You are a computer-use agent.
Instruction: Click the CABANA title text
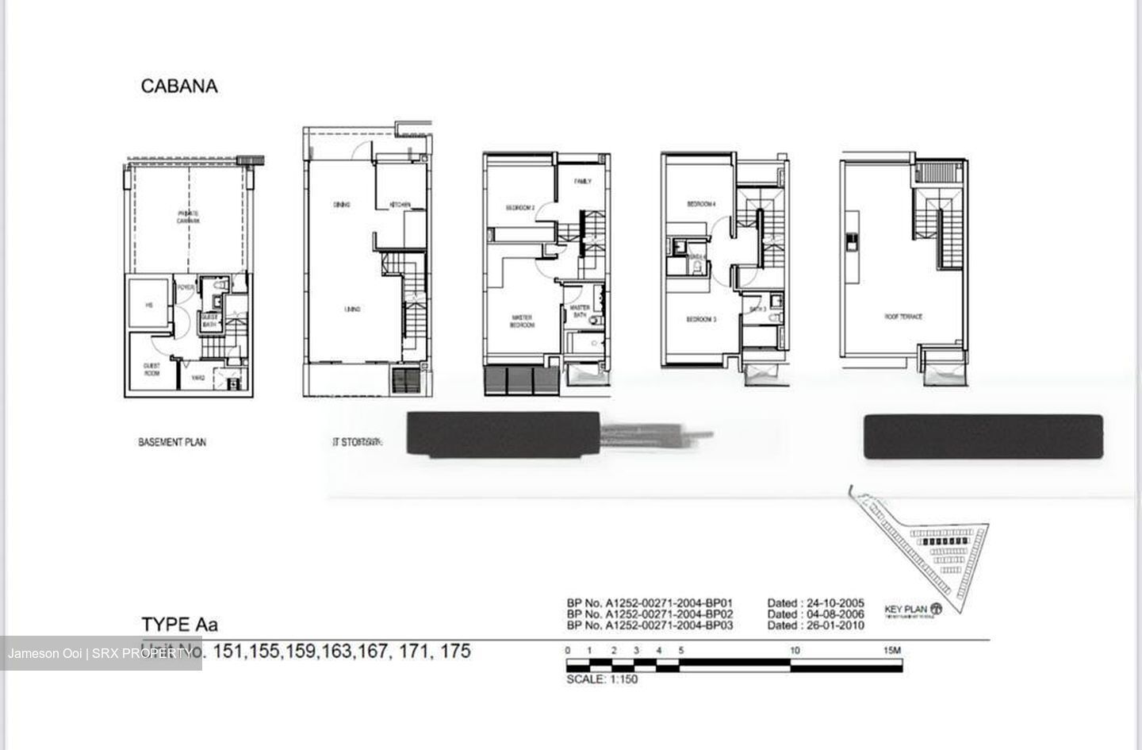coord(178,87)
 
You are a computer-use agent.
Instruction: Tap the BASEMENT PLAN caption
coord(172,442)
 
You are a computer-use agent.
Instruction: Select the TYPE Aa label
coord(179,625)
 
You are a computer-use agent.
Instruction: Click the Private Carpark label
coord(188,217)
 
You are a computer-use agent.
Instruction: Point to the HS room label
coord(148,305)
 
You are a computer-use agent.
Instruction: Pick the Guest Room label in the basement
coord(152,369)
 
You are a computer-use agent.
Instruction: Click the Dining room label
coord(342,205)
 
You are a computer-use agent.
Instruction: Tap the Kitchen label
coord(400,206)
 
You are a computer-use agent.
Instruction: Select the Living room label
coord(353,309)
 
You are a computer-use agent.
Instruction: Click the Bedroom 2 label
coord(520,208)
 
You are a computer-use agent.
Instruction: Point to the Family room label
coord(583,182)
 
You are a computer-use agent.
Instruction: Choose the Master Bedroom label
coord(521,321)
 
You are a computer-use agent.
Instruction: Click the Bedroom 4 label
coord(701,204)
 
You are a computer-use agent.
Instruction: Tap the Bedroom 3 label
coord(701,320)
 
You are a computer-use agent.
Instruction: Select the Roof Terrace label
coord(903,317)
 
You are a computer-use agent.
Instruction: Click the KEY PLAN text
coord(906,610)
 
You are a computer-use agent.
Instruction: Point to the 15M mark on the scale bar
coord(892,651)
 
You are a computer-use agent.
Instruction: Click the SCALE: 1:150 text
coord(602,679)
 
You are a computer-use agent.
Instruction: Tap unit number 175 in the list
coord(455,652)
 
